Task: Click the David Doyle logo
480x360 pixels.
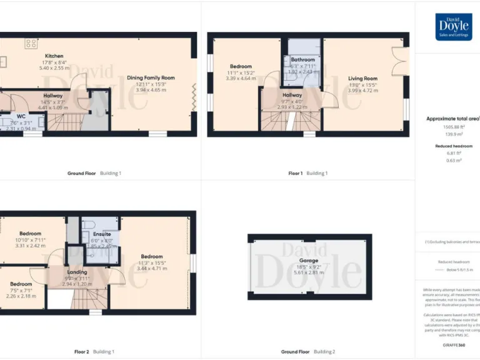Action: (453, 27)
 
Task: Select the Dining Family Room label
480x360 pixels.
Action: (151, 78)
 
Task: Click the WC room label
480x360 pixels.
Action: (21, 116)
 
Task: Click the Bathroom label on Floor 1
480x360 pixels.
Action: (303, 60)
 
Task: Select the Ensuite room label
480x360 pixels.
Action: (102, 234)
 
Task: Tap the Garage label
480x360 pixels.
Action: (308, 260)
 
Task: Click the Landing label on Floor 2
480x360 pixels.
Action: (76, 272)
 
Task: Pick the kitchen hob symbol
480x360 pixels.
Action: (30, 43)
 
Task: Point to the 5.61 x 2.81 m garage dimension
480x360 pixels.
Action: (308, 272)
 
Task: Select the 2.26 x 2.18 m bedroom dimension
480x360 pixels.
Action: (21, 296)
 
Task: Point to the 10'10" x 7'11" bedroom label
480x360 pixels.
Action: (30, 240)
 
